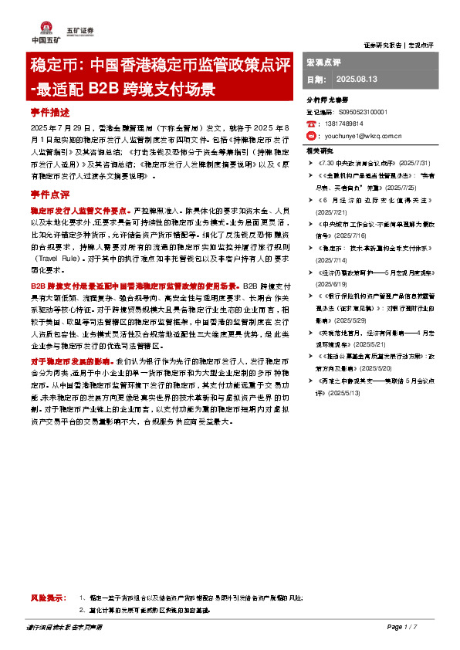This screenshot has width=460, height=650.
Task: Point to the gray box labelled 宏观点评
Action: [324, 62]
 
